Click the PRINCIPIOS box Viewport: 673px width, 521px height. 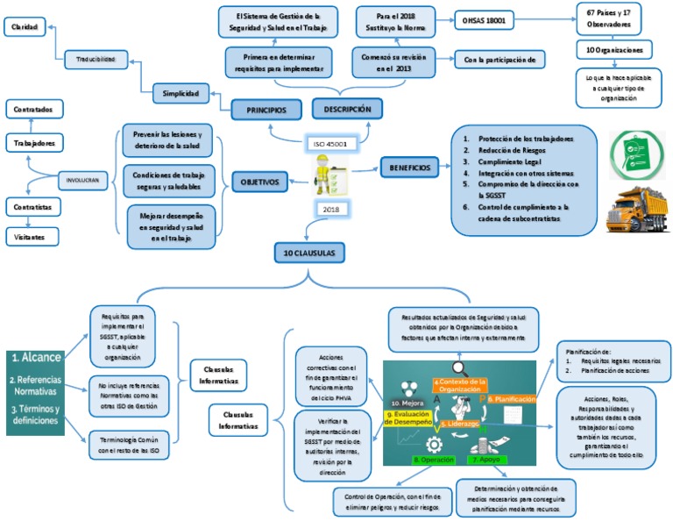(x=266, y=110)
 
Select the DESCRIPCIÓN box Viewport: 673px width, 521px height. (x=348, y=110)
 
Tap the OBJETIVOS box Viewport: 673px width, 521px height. (x=260, y=182)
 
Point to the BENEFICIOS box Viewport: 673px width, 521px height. (x=409, y=166)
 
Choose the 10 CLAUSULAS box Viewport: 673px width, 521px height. (x=308, y=253)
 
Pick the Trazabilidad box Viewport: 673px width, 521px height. (x=96, y=59)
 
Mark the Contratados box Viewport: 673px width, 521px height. (x=34, y=110)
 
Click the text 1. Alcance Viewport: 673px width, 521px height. (x=37, y=358)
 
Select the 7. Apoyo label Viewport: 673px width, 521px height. (x=486, y=459)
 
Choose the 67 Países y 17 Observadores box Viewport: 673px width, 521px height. (x=619, y=19)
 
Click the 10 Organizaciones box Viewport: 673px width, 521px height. (x=619, y=50)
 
